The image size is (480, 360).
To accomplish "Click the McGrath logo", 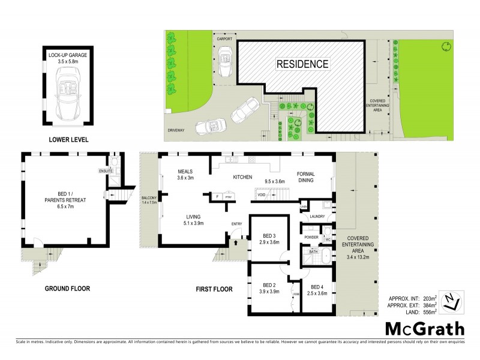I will (425, 328).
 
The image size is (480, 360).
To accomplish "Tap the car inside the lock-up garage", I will (67, 94).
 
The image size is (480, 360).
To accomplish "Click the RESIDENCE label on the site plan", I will (302, 64).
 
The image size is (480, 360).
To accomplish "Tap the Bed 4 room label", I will (319, 287).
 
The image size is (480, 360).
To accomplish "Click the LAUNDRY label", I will (317, 216).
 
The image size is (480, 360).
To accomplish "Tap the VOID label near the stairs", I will (261, 195).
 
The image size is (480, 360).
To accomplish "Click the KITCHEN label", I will (245, 178).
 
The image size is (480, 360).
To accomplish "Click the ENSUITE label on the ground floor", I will (106, 171).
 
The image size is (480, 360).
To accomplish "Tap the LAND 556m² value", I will (418, 311).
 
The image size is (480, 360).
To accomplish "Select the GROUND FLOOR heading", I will (67, 289).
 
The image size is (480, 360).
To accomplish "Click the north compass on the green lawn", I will (445, 47).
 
